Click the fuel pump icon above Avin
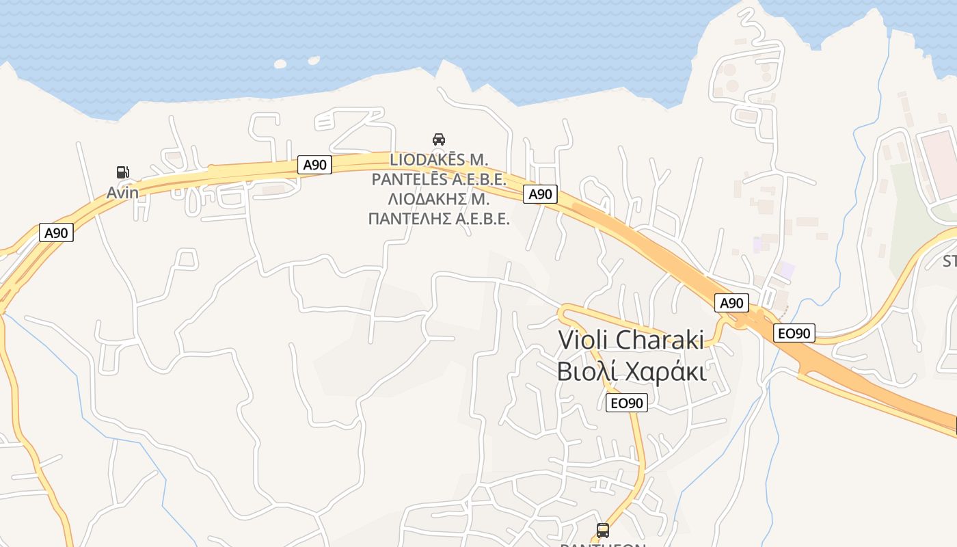tap(123, 172)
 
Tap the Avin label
tap(122, 193)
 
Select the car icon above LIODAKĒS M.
tap(439, 139)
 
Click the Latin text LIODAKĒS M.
tap(438, 160)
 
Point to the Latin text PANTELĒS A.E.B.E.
tap(438, 180)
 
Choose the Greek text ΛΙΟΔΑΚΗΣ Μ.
tap(438, 199)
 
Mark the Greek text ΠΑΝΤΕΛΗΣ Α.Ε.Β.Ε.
tap(438, 219)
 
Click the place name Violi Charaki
tap(630, 339)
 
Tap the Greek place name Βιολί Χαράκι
tap(631, 371)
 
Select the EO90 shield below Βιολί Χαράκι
tap(626, 403)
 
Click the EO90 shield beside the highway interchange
tap(794, 334)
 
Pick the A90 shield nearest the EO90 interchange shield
tap(731, 303)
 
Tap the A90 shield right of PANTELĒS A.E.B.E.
tap(541, 194)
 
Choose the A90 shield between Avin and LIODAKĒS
tap(315, 165)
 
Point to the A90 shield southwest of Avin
tap(56, 232)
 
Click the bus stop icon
tap(603, 530)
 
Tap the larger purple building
tap(787, 269)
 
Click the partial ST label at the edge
tap(949, 261)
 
